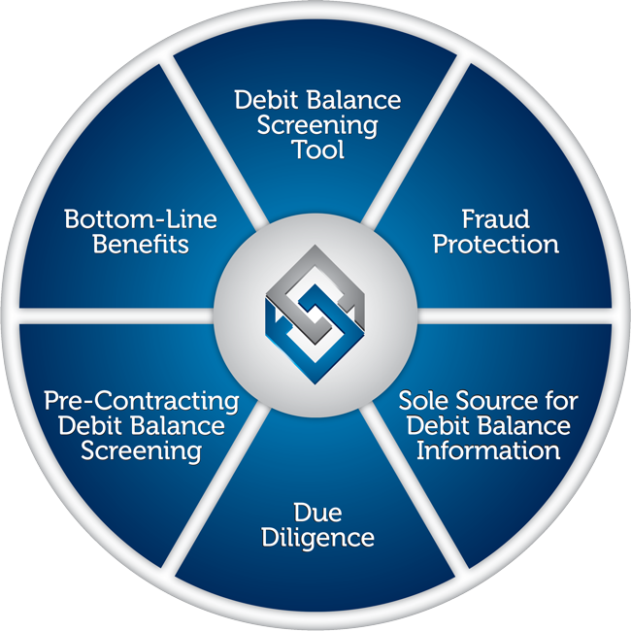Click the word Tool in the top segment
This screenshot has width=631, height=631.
point(318,149)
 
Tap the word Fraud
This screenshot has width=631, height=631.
point(495,219)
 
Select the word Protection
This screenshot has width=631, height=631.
point(496,245)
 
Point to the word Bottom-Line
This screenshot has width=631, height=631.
point(141,219)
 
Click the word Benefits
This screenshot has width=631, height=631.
point(141,245)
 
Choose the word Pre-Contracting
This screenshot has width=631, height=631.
point(142,402)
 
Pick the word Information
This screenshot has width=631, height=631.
point(488,450)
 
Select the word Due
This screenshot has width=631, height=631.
point(317,513)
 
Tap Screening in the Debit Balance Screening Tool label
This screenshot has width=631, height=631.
point(317,126)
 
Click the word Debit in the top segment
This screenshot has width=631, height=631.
point(266,100)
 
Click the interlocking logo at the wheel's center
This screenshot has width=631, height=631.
point(315,315)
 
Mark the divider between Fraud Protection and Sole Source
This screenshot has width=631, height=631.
point(515,315)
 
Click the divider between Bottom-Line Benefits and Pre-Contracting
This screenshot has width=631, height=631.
point(116,315)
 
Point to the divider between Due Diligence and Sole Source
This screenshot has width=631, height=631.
point(415,488)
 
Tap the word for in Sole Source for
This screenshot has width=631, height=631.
point(563,401)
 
